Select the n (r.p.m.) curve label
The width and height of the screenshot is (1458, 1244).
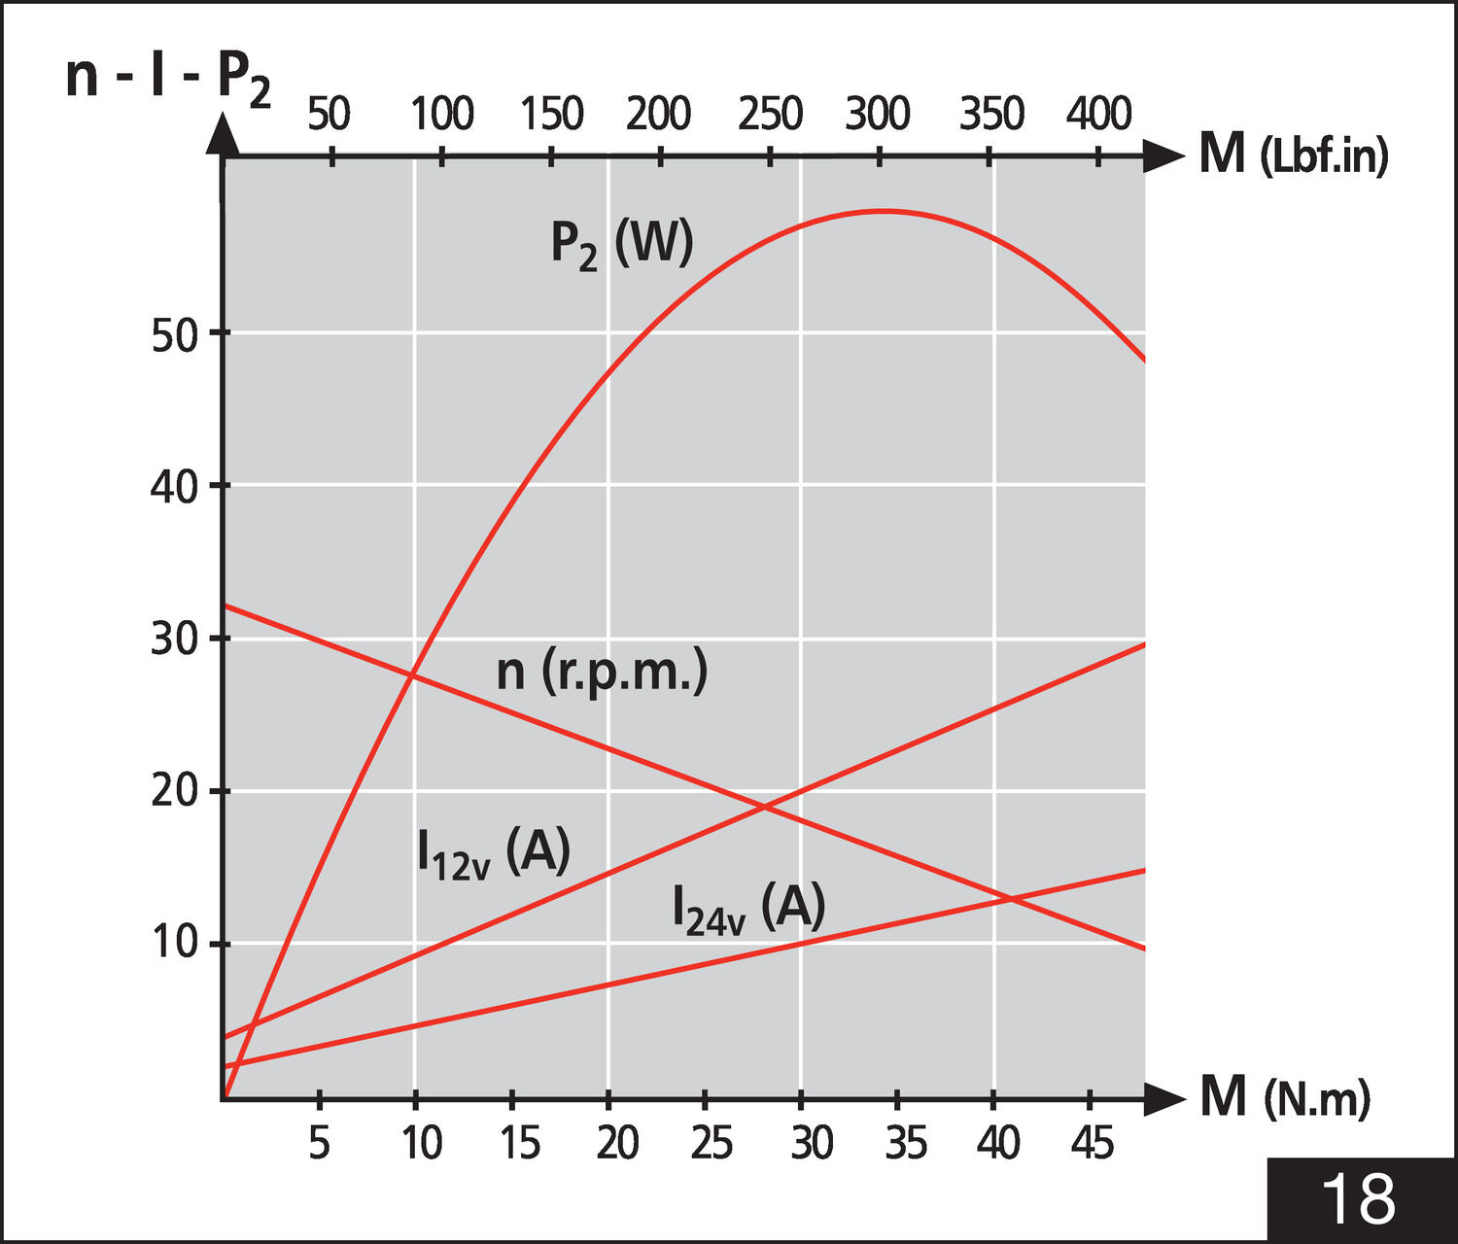point(602,672)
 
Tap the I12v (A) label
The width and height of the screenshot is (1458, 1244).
point(493,853)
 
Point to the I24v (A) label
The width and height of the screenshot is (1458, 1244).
point(748,910)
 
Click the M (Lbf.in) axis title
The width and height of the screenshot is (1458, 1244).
point(1293,154)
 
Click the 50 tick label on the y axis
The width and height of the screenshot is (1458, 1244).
point(174,336)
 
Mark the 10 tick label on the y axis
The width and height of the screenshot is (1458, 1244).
point(174,943)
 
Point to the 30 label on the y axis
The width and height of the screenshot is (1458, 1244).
point(174,639)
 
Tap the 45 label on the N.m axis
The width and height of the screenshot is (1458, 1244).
point(1092,1144)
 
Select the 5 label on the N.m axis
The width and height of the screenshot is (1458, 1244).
point(319,1144)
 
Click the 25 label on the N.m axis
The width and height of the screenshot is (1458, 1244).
point(712,1144)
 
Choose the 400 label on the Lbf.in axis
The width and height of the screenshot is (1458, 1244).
point(1098,115)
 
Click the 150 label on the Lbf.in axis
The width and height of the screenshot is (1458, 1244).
point(551,115)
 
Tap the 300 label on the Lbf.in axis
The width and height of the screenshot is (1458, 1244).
point(877,115)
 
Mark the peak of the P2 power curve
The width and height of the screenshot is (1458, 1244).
point(883,211)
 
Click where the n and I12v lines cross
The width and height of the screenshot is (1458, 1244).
point(764,806)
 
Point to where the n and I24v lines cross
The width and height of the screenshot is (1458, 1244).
point(1012,899)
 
